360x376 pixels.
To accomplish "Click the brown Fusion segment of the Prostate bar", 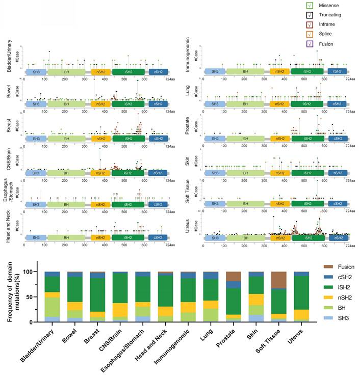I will point(234,276).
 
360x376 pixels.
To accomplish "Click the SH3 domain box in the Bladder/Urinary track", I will point(36,72).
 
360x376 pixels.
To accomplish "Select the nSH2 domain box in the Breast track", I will point(100,138).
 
